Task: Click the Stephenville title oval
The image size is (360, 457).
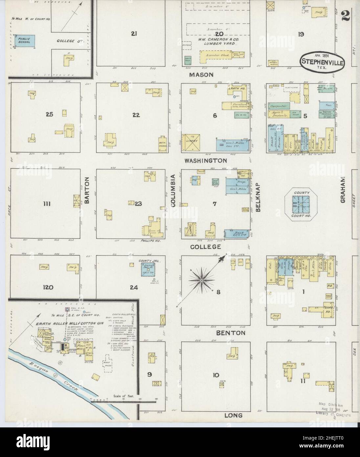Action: [322, 60]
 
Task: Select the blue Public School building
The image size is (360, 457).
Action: [25, 40]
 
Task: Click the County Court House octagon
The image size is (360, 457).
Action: [301, 204]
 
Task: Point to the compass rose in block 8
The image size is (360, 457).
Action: [201, 280]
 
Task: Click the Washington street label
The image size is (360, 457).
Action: [205, 161]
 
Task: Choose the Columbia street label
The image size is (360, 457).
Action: [173, 191]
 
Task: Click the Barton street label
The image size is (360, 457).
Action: [87, 191]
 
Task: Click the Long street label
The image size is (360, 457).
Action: [234, 415]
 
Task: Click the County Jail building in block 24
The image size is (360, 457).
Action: [148, 270]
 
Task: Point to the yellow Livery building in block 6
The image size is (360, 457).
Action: [191, 143]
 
